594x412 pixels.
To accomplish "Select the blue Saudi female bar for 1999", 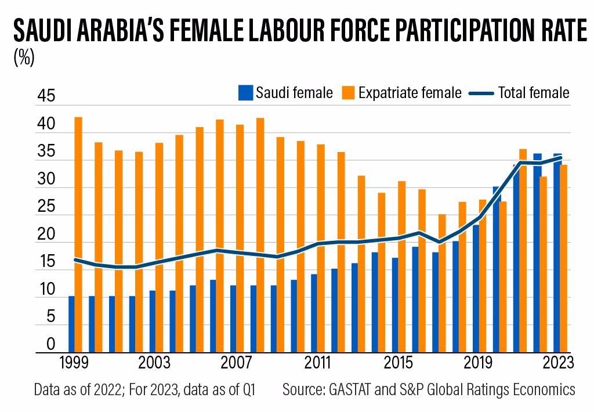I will [71, 324].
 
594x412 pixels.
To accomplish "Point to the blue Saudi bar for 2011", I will [314, 313].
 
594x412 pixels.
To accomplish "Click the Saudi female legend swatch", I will [245, 93].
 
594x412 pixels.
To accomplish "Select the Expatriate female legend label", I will [410, 93].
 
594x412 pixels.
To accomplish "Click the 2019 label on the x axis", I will [476, 363].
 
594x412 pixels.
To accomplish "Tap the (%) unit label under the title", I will [23, 58].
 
